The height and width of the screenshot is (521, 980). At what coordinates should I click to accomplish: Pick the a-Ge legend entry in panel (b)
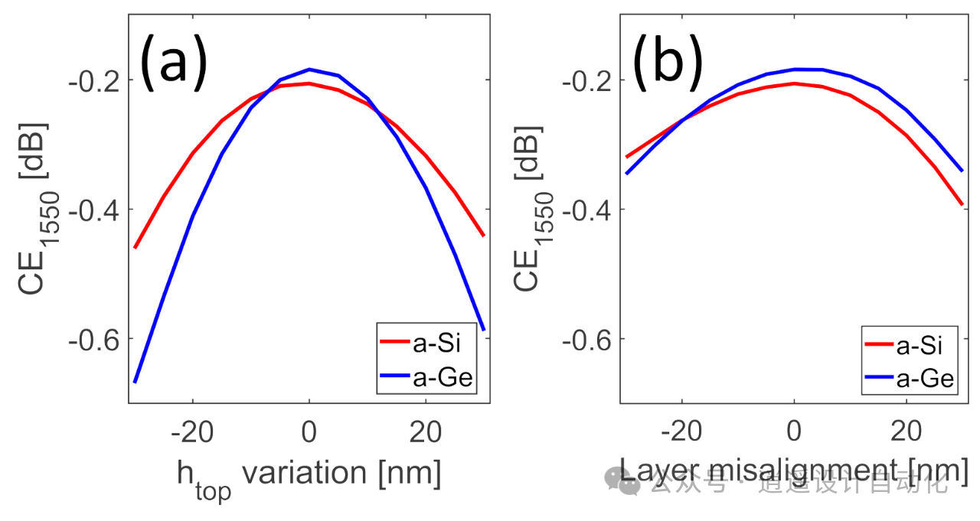coord(919,378)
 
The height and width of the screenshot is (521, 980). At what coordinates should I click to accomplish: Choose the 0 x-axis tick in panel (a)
coord(309,433)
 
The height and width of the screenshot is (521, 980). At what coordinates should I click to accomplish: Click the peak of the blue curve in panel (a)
coord(309,69)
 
